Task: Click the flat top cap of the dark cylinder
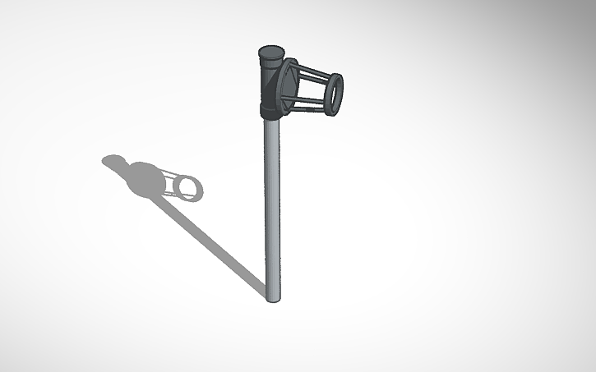tap(270, 50)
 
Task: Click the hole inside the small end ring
tap(334, 92)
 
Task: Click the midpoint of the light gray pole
tap(272, 205)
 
